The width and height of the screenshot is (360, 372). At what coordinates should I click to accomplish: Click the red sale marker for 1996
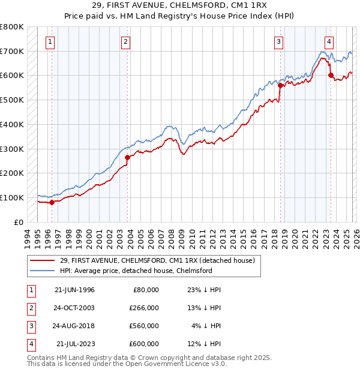click(x=52, y=202)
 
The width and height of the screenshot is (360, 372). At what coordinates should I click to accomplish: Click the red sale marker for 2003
click(x=128, y=157)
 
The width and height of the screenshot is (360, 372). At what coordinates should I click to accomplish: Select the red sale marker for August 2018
click(x=280, y=85)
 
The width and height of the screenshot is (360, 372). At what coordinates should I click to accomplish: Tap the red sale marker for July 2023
click(x=331, y=75)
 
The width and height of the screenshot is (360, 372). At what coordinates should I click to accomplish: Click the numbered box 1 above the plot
click(x=49, y=41)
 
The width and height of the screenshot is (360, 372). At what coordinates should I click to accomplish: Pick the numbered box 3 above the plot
click(x=279, y=41)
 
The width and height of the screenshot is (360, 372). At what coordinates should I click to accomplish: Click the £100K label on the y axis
click(x=12, y=197)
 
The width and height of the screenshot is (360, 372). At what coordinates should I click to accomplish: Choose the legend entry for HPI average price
click(x=136, y=271)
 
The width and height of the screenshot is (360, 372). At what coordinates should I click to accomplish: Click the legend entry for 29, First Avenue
click(x=157, y=260)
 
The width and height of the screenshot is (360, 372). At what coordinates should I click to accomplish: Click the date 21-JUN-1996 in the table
click(x=74, y=290)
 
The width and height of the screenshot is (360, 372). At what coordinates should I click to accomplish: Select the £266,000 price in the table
click(x=143, y=308)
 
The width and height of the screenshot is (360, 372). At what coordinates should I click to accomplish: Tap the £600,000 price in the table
click(x=143, y=344)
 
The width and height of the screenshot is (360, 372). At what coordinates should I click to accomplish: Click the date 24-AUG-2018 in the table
click(x=74, y=326)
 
